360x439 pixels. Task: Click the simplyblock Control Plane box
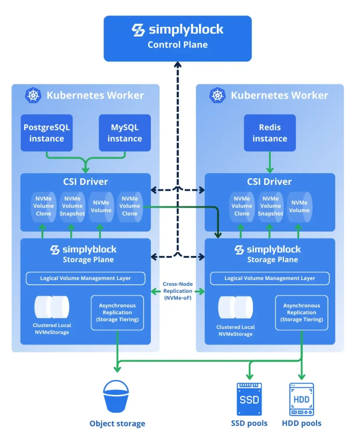click(x=177, y=38)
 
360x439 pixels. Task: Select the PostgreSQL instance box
click(x=47, y=133)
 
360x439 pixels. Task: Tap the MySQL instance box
click(x=125, y=133)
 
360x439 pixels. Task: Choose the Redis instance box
click(x=270, y=133)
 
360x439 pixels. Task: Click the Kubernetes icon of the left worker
click(x=33, y=95)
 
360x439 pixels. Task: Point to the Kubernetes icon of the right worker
click(x=217, y=95)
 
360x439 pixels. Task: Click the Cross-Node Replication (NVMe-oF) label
click(x=177, y=291)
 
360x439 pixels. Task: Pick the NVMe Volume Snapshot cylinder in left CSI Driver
click(x=72, y=207)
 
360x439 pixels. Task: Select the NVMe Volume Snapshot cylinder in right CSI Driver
click(x=270, y=207)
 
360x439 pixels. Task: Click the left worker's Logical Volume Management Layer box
click(x=85, y=278)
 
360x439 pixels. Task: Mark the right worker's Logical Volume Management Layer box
click(x=270, y=278)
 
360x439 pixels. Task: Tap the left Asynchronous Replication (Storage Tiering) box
click(x=117, y=313)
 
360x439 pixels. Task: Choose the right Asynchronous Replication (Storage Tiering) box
click(x=301, y=313)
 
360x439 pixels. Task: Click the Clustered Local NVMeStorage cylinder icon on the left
click(x=52, y=307)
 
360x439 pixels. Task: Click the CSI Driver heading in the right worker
click(x=270, y=182)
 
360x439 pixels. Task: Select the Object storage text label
click(x=117, y=424)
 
